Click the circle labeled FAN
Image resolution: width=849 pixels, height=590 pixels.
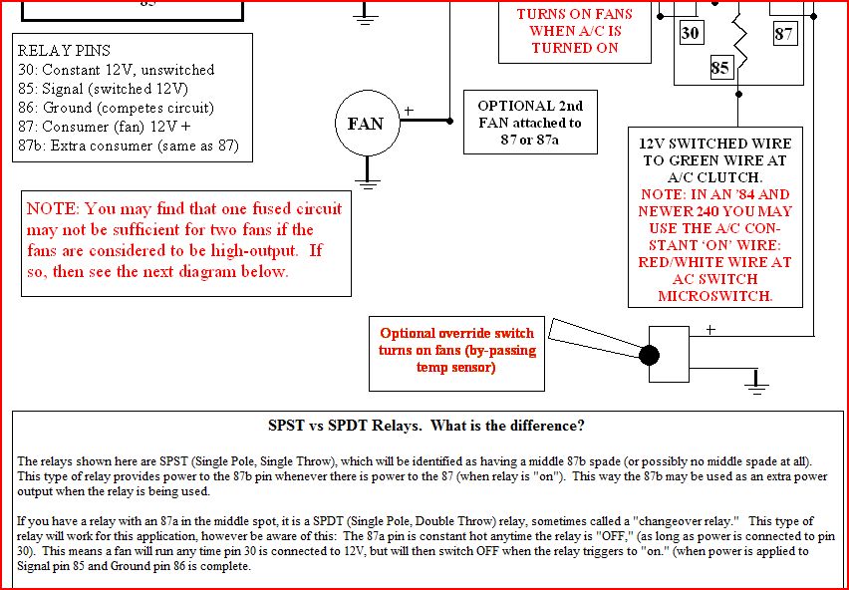[365, 124]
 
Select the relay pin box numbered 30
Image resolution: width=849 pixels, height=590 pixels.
[691, 33]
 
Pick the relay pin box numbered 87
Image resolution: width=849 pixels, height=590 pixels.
[784, 33]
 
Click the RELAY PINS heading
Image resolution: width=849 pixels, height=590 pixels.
[64, 51]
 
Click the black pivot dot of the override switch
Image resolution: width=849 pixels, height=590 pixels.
[649, 355]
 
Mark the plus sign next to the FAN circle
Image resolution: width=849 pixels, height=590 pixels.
[408, 111]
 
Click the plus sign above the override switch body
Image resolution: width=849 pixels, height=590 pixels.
[710, 328]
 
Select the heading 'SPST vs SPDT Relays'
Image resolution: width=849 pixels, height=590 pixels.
[426, 426]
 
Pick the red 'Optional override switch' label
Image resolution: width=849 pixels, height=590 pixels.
[456, 334]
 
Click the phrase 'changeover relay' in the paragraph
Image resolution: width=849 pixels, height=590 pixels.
[654, 521]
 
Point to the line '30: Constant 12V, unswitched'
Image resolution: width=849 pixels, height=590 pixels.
[116, 70]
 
